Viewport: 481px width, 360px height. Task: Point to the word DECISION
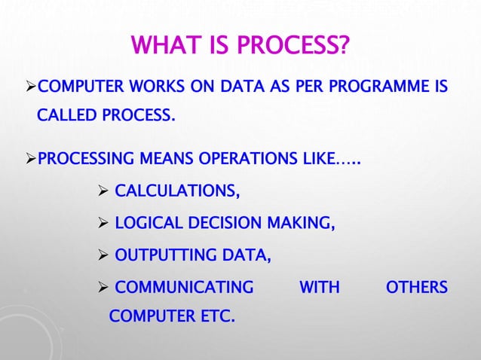click(x=227, y=224)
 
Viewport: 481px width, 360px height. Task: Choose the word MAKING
click(x=304, y=224)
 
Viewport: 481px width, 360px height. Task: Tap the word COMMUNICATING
click(x=184, y=288)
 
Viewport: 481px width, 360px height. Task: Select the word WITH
click(x=320, y=288)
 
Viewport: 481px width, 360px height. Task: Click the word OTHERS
click(x=416, y=288)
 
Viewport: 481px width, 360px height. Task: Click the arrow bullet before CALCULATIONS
click(x=105, y=193)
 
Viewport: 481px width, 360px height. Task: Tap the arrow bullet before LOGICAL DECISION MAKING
click(x=105, y=224)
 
